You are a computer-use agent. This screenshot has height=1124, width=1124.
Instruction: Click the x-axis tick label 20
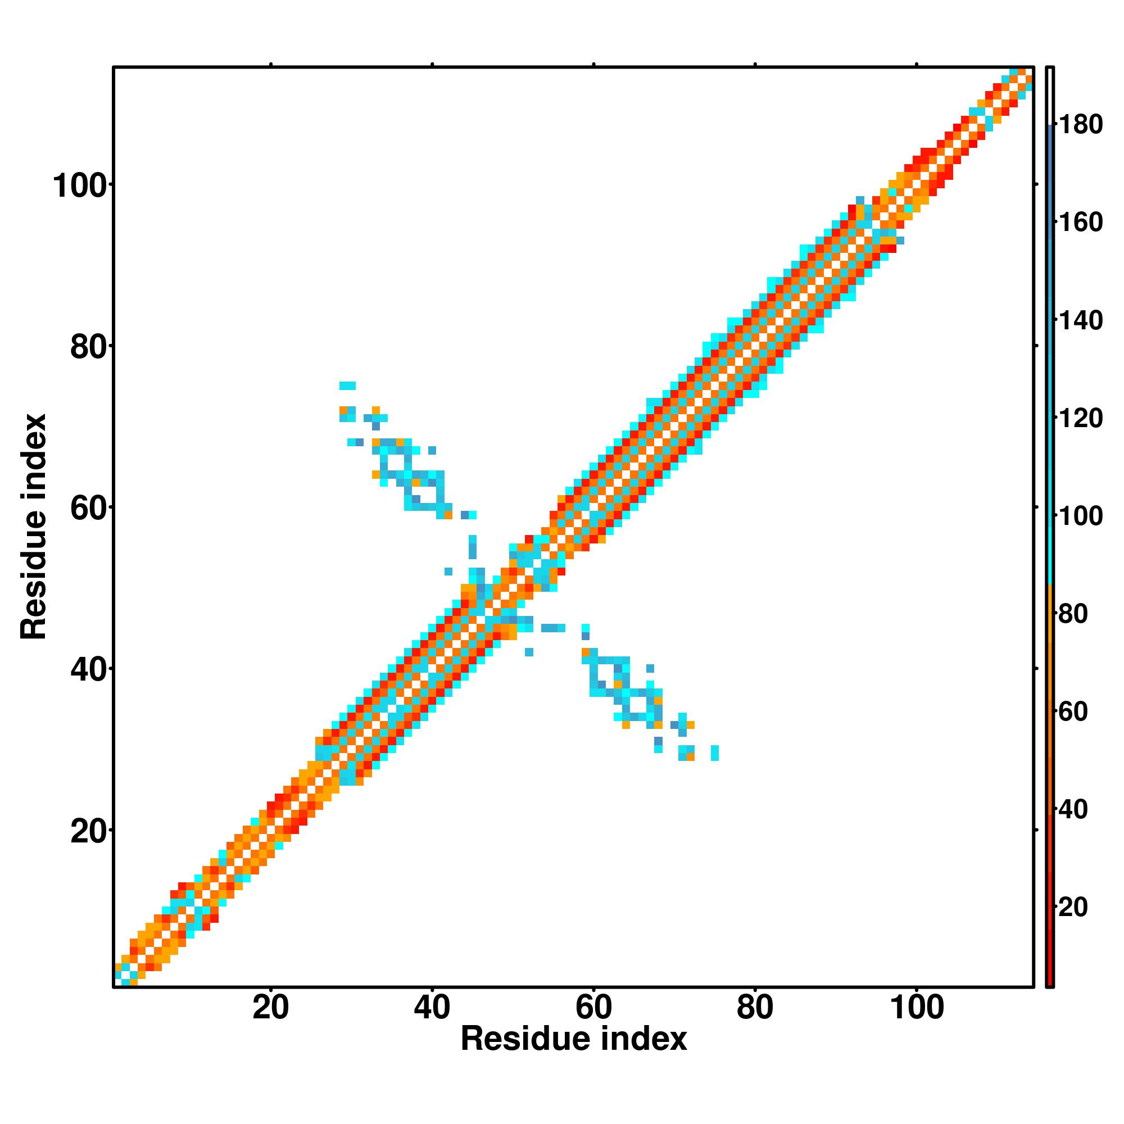coord(270,1008)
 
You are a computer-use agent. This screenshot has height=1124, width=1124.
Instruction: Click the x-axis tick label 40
coord(432,1008)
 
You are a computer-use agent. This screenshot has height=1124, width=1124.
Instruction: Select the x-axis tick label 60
coord(593,1008)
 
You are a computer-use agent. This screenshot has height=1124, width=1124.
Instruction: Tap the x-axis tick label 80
coord(755,1008)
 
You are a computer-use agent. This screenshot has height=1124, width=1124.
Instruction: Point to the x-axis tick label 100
coord(917,1008)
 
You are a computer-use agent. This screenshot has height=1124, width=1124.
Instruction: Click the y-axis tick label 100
coord(82,186)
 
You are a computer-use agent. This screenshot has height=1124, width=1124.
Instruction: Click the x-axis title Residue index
coord(574,1039)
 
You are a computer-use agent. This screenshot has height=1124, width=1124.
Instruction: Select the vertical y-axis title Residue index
coord(33,527)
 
